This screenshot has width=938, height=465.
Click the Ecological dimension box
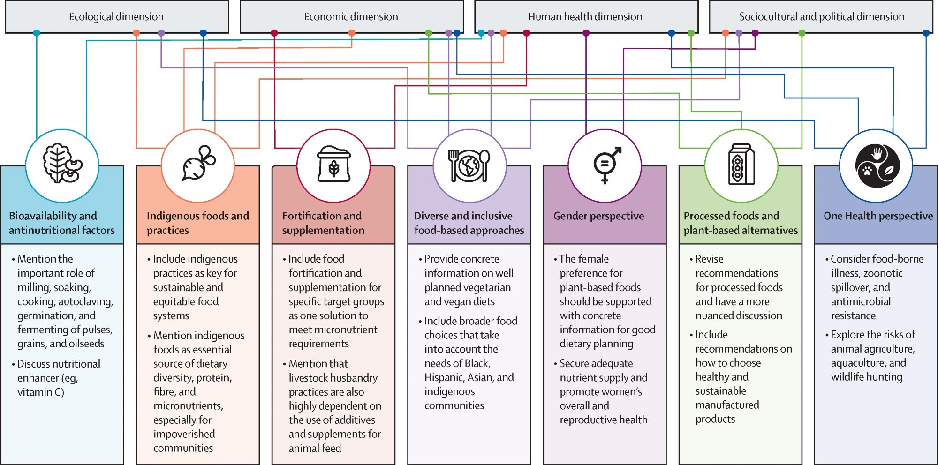click(x=116, y=17)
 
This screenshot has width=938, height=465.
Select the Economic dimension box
click(x=351, y=17)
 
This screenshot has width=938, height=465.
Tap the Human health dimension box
click(x=585, y=17)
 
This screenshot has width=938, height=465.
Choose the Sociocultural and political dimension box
click(x=822, y=17)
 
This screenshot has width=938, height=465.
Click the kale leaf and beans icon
click(x=62, y=164)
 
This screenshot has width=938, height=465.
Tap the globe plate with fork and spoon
click(x=469, y=165)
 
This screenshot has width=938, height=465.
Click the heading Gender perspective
click(x=598, y=216)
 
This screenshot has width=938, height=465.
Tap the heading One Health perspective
click(x=878, y=216)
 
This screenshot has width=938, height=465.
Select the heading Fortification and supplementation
click(x=323, y=223)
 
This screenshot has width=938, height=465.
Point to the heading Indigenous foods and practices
click(x=197, y=223)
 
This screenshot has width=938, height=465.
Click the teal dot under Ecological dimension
click(x=37, y=33)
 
